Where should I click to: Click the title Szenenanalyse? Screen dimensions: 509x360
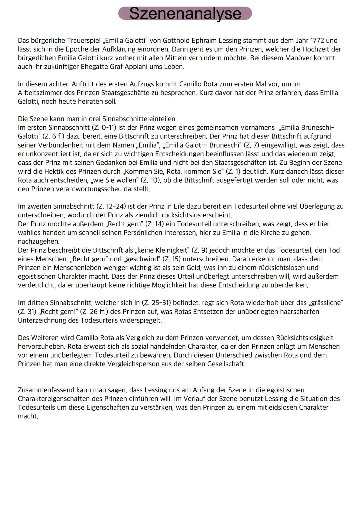(x=185, y=13)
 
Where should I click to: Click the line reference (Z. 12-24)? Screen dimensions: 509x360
(x=111, y=207)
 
